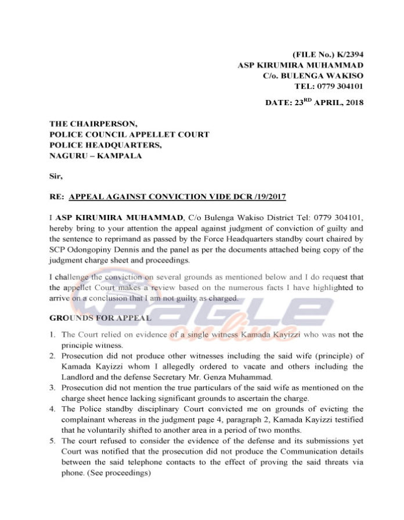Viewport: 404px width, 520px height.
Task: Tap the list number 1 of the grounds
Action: pyautogui.click(x=52, y=335)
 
